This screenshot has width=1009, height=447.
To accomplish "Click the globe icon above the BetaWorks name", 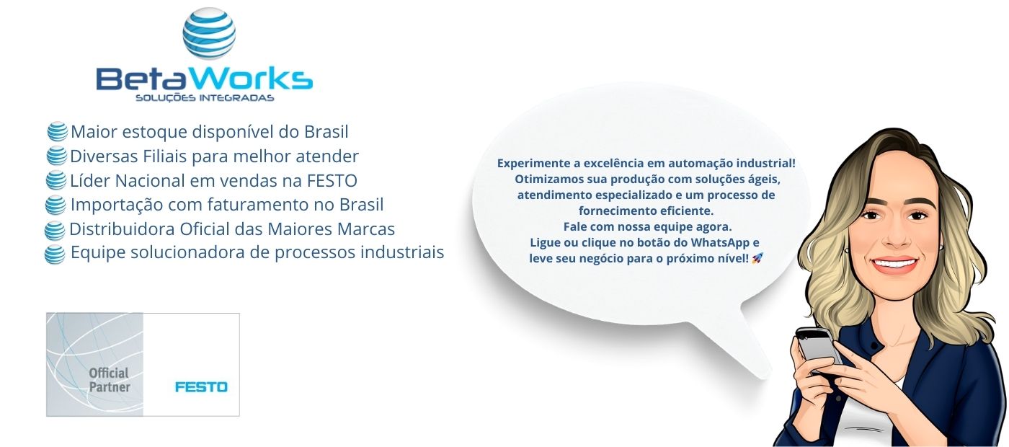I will [x=209, y=33].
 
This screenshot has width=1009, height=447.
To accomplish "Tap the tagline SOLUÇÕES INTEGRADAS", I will [x=205, y=98].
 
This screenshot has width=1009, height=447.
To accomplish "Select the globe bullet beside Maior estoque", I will [x=57, y=132].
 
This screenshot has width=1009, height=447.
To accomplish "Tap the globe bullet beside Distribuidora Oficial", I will [x=55, y=231].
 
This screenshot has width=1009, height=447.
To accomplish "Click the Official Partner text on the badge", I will [x=109, y=380].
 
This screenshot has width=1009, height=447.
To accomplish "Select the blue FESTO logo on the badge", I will [x=201, y=387].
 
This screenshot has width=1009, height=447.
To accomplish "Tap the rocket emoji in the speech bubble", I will [x=757, y=258].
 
